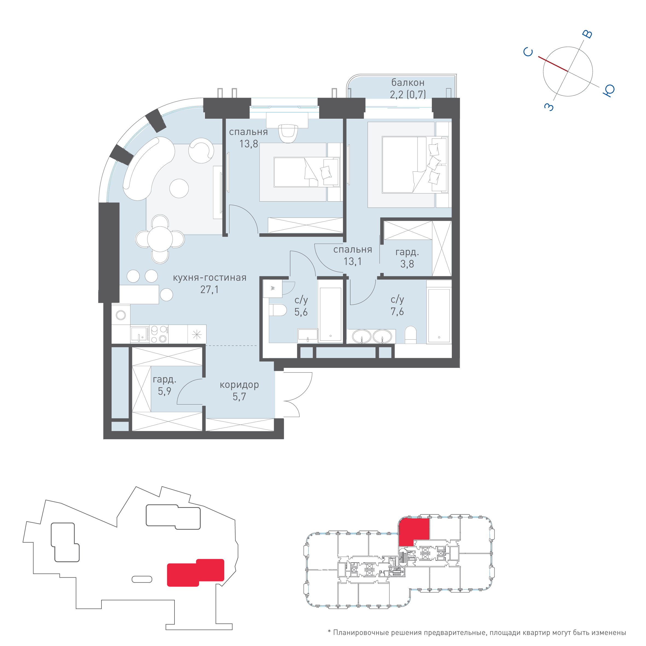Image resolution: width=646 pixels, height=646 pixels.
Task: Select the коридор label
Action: click(239, 385)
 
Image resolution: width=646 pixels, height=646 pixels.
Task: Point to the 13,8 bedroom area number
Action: click(248, 144)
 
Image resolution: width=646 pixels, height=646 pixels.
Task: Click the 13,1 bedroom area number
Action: click(353, 261)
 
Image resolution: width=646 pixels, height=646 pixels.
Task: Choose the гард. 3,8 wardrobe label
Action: click(407, 258)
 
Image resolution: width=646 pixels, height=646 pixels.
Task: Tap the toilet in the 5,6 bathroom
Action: click(278, 310)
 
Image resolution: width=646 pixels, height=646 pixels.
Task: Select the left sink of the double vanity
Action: click(362, 336)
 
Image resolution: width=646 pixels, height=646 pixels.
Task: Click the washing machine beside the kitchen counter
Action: click(121, 315)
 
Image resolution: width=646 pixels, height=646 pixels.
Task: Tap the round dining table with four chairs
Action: click(160, 239)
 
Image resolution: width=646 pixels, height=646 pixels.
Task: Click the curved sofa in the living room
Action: click(147, 167)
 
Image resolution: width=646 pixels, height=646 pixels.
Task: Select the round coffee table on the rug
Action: click(179, 188)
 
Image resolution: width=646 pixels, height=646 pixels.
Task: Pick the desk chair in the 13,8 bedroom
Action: click(288, 133)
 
